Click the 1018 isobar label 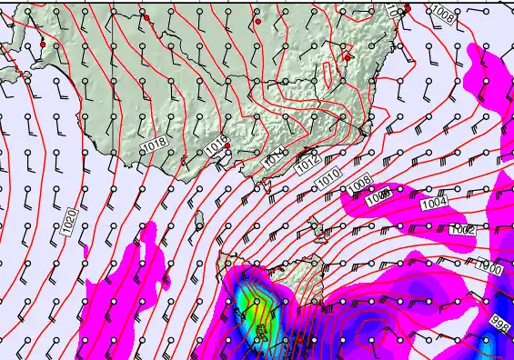[x=155, y=144]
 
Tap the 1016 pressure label [x=216, y=145]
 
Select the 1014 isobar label [x=276, y=160]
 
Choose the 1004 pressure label [x=433, y=205]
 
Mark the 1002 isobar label [x=463, y=230]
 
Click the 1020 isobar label [x=69, y=223]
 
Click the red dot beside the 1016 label [x=227, y=145]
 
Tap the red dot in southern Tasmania [x=297, y=338]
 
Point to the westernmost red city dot [x=42, y=44]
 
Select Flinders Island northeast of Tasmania [x=317, y=221]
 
